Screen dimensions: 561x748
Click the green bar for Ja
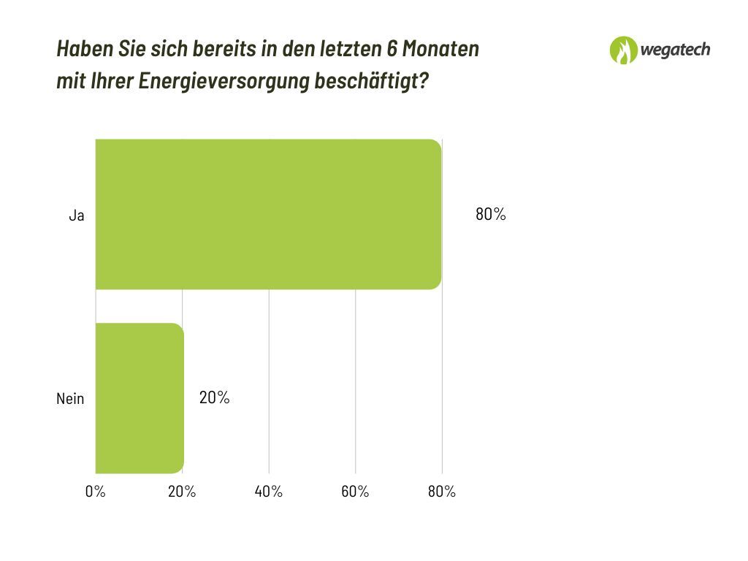[x=268, y=214]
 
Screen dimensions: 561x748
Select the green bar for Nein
[x=140, y=398]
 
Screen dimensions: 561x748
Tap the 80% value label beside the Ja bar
[x=490, y=215]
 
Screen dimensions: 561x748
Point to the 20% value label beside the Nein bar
[x=214, y=398]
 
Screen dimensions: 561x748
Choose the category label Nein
[x=70, y=399]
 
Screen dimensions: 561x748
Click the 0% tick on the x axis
[x=96, y=492]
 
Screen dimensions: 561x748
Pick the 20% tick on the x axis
[x=182, y=492]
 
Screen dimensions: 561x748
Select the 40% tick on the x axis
[x=269, y=492]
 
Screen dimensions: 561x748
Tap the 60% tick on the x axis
[x=355, y=492]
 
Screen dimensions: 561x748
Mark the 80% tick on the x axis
[x=441, y=492]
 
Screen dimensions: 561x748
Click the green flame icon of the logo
[x=623, y=50]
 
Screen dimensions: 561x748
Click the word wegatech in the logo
[x=675, y=50]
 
